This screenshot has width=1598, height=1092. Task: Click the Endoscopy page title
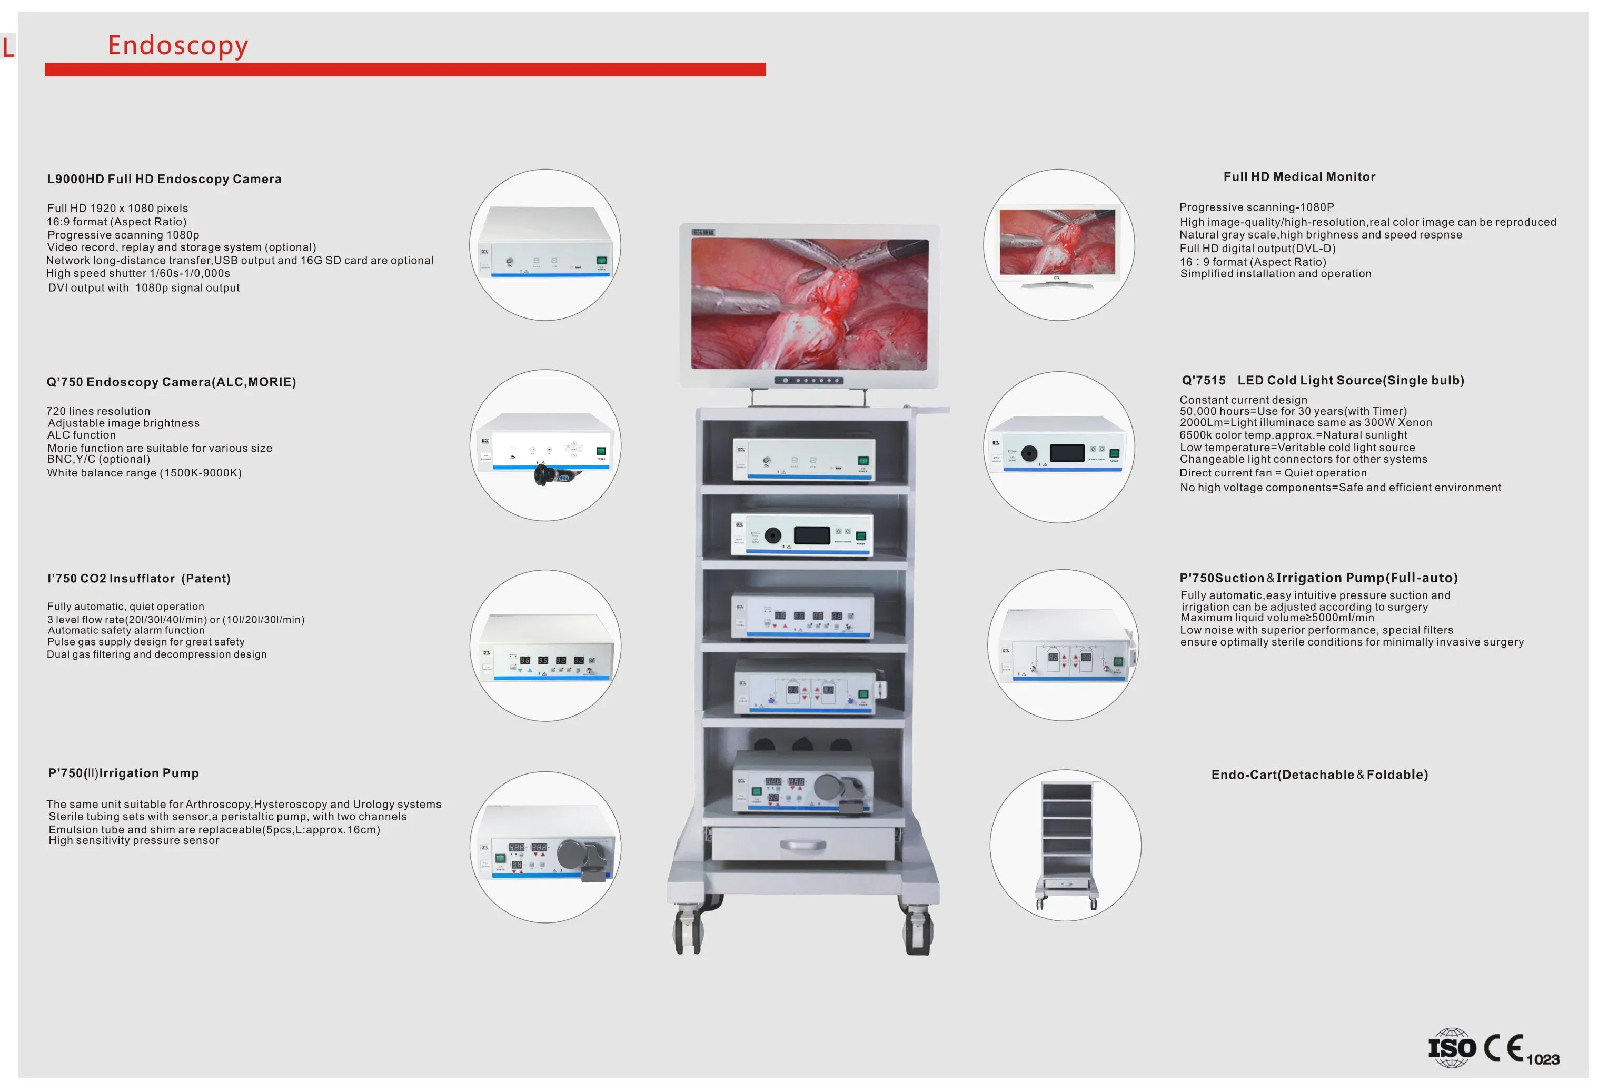[177, 45]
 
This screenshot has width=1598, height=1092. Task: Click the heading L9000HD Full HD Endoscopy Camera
[164, 179]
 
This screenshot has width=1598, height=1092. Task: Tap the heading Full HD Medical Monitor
[1299, 177]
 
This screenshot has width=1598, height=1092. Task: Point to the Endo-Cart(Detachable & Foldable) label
[1319, 775]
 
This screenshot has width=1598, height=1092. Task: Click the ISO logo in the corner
[1451, 1047]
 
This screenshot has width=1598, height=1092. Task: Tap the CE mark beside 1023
[1503, 1047]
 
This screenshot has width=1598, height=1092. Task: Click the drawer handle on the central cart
[802, 845]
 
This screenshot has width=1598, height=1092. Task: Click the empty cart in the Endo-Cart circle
[1066, 845]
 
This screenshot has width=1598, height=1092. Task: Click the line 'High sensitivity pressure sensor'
[134, 840]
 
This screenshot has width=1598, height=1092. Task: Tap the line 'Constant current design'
[1243, 400]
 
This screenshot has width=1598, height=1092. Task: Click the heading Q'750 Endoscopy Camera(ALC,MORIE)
[171, 382]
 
